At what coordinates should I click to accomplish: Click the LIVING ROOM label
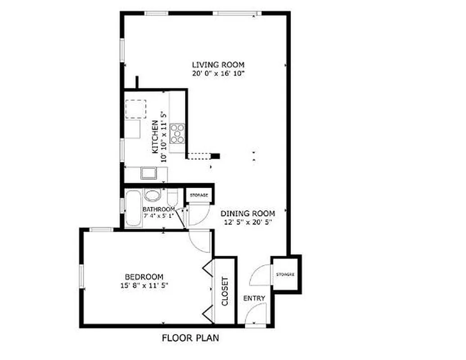pyautogui.click(x=219, y=65)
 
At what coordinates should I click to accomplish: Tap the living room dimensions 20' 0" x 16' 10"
pyautogui.click(x=219, y=73)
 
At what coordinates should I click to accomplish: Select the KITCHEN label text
pyautogui.click(x=154, y=137)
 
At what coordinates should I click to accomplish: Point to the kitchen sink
pyautogui.click(x=148, y=173)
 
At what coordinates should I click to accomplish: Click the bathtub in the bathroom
pyautogui.click(x=133, y=208)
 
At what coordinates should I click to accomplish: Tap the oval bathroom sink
pyautogui.click(x=152, y=196)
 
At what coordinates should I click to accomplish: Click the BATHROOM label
pyautogui.click(x=158, y=209)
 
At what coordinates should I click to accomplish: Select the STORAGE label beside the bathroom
pyautogui.click(x=199, y=195)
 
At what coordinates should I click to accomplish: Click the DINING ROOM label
pyautogui.click(x=248, y=214)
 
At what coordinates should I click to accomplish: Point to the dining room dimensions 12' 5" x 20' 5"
pyautogui.click(x=248, y=222)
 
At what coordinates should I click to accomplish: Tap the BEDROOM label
pyautogui.click(x=144, y=277)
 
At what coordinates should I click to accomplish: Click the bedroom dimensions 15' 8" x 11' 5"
pyautogui.click(x=144, y=285)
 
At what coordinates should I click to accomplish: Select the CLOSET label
pyautogui.click(x=225, y=291)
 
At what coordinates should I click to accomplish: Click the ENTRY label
pyautogui.click(x=254, y=298)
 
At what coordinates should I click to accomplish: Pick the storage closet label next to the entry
pyautogui.click(x=286, y=274)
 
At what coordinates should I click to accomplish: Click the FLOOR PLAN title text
pyautogui.click(x=191, y=338)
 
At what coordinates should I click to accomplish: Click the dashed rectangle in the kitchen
pyautogui.click(x=136, y=108)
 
